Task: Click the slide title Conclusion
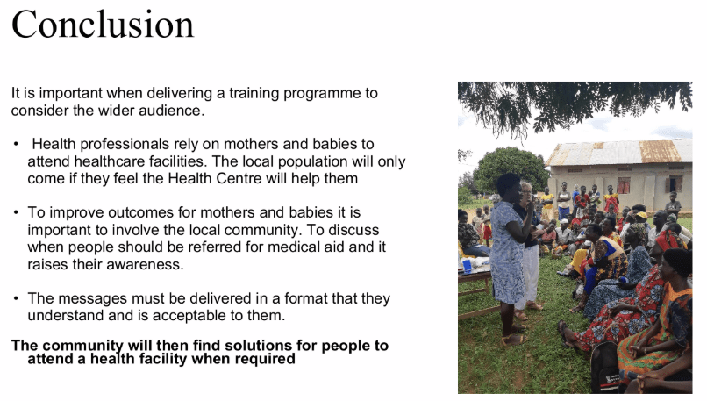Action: tap(103, 25)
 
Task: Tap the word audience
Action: tap(172, 111)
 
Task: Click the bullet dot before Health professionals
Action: tap(17, 144)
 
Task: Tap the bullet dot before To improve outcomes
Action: tap(17, 212)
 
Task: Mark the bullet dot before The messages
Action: tap(17, 298)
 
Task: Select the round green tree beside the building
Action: tap(511, 169)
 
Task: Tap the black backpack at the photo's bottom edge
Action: tap(605, 368)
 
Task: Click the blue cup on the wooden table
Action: tap(467, 266)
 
